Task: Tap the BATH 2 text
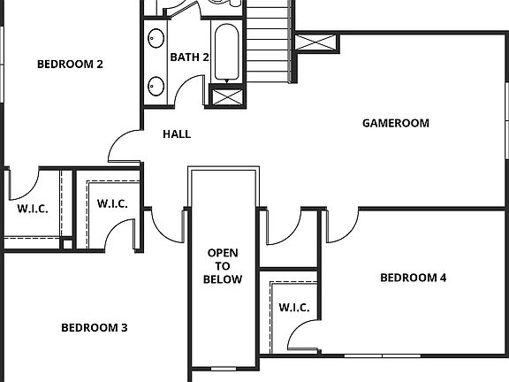(x=189, y=57)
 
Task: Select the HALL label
(x=177, y=134)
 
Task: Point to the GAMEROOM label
(x=396, y=123)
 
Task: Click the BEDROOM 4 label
(x=413, y=278)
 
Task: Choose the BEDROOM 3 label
(x=94, y=328)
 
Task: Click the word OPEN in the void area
(x=223, y=253)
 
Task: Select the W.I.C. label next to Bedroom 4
(x=293, y=308)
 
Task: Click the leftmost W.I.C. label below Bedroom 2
(x=33, y=210)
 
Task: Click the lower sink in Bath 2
(x=156, y=85)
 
